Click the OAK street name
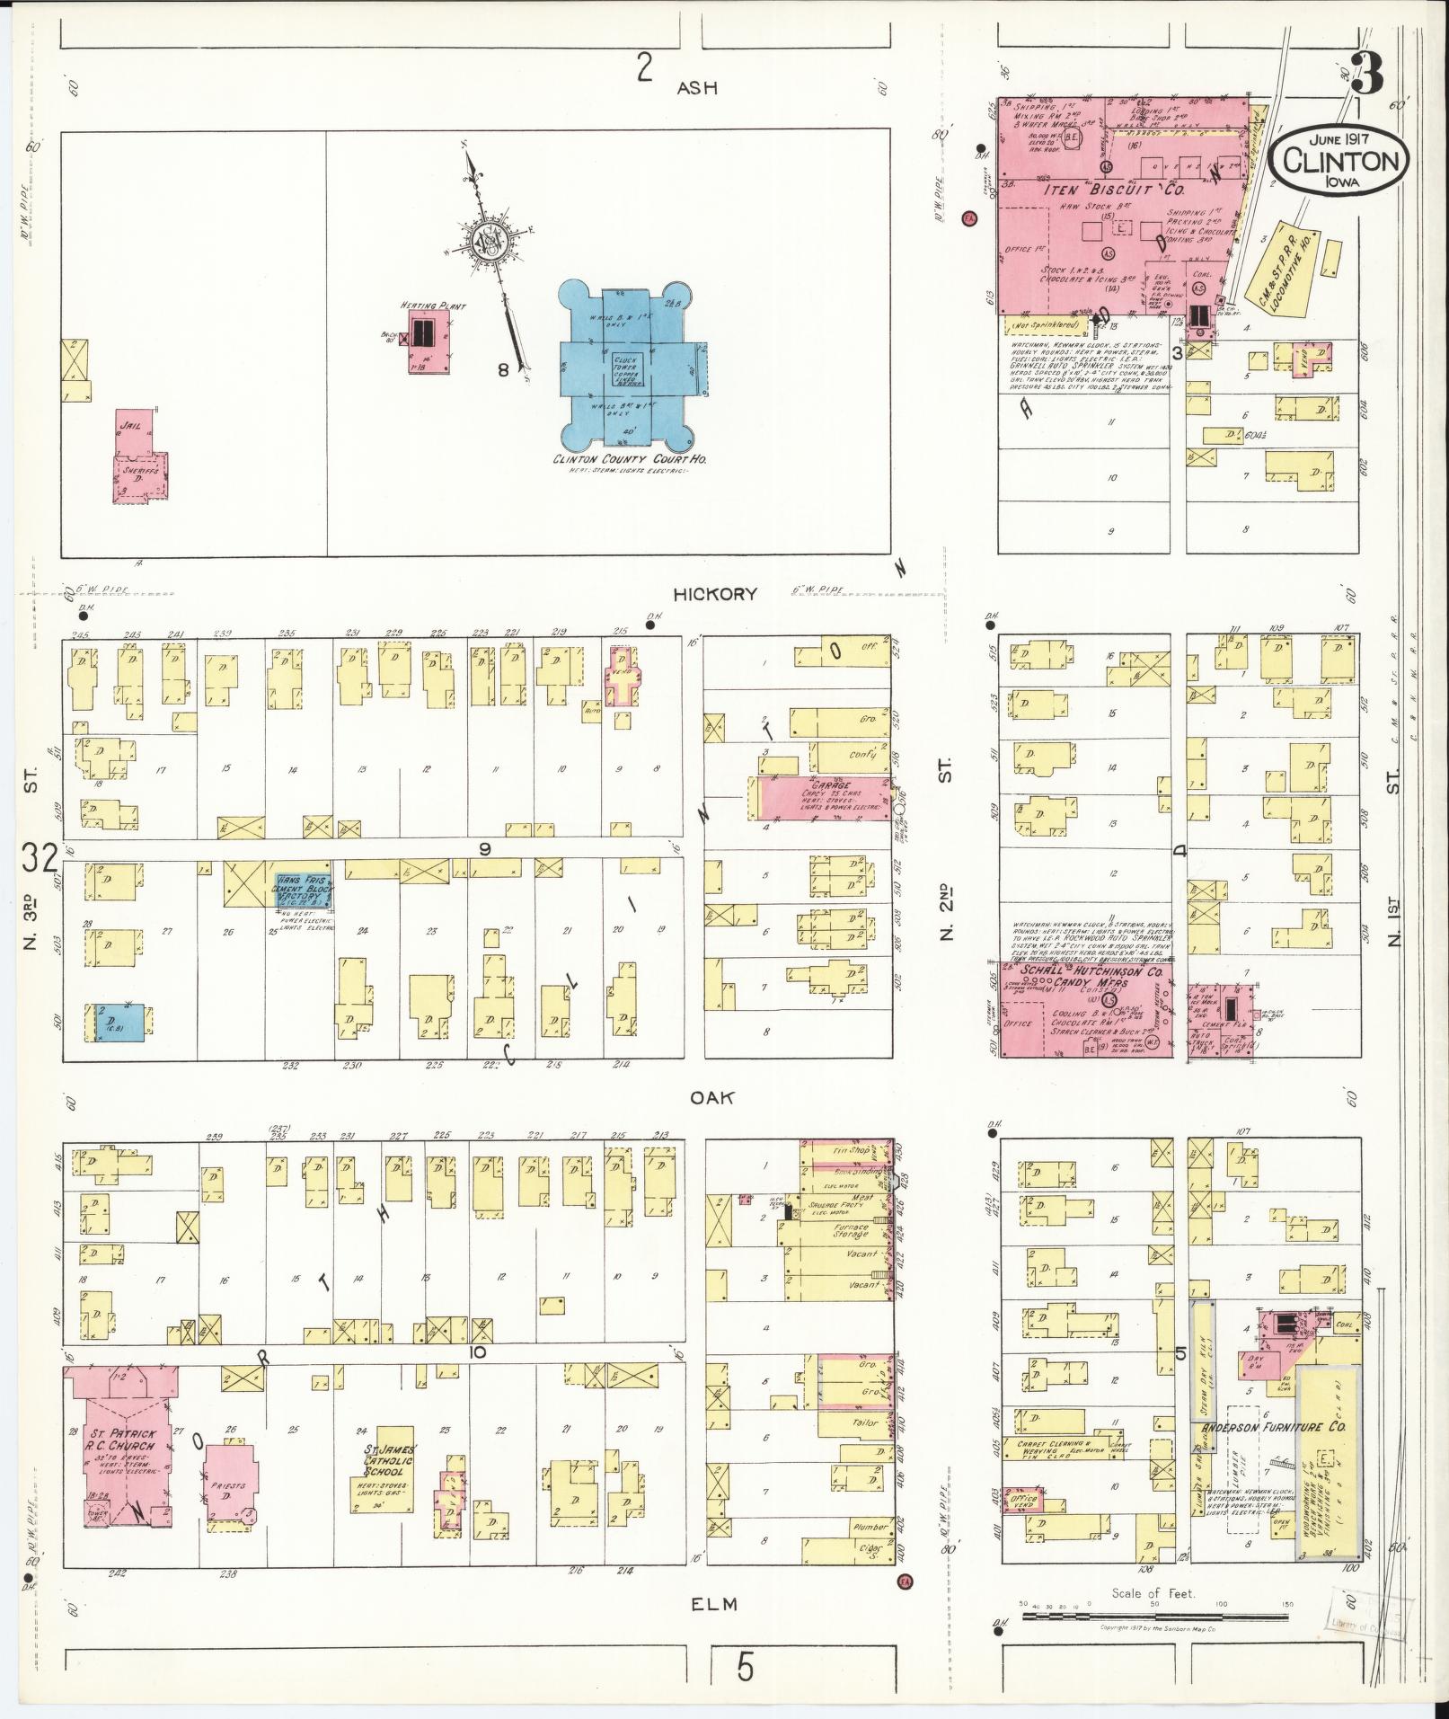coord(714,1097)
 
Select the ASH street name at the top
coord(698,88)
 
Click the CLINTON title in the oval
coord(1339,161)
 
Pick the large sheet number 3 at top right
coord(1366,75)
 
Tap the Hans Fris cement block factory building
coord(303,888)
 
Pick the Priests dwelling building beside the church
coord(230,1483)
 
